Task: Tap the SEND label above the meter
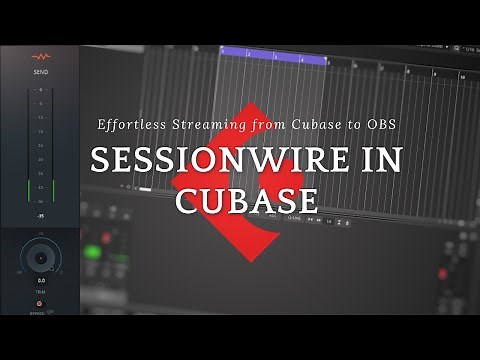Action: tap(41, 72)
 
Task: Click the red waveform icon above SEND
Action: tap(41, 58)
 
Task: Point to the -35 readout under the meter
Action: tap(41, 216)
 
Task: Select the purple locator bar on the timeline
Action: tap(273, 61)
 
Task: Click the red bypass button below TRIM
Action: tap(41, 302)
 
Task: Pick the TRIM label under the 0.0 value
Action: tap(41, 292)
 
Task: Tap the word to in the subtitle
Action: tap(340, 125)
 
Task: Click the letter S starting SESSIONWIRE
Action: tap(99, 160)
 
